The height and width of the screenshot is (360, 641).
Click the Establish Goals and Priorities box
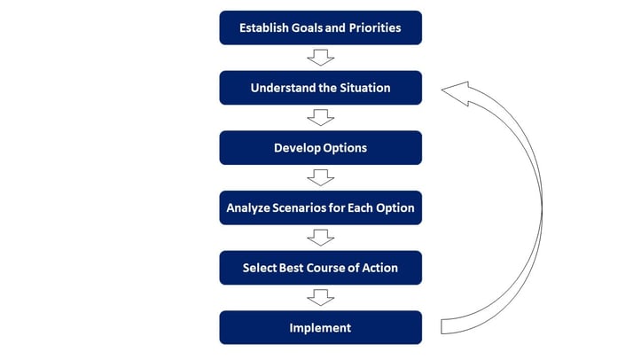[x=321, y=27]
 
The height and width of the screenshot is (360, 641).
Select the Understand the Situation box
[x=321, y=88]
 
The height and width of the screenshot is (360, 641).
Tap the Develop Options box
[x=321, y=148]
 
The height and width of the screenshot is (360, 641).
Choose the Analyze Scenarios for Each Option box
[x=321, y=207]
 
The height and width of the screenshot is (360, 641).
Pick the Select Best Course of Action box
[x=321, y=268]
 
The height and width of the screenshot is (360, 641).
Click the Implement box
[x=321, y=328]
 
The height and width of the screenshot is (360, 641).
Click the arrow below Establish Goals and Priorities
[x=321, y=58]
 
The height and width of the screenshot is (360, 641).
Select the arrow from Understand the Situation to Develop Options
[x=321, y=118]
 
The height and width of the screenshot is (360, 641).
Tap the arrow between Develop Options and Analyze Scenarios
[x=321, y=177]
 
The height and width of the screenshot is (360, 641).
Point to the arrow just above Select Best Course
[x=321, y=238]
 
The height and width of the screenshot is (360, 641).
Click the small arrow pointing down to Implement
[x=321, y=297]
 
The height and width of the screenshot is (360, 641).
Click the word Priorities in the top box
[x=375, y=27]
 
